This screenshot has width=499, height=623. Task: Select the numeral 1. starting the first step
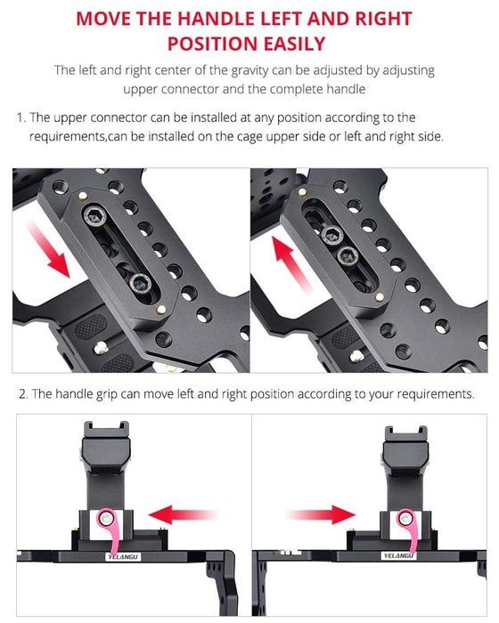coord(21,118)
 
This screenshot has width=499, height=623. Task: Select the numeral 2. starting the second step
coord(21,393)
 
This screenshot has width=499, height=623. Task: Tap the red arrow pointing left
coord(184,513)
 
